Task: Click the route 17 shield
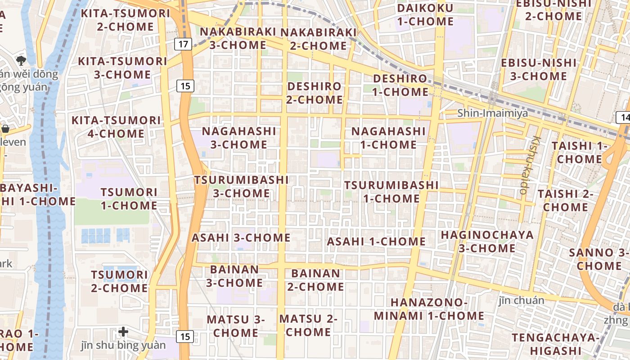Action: point(183,44)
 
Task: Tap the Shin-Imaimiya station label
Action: point(493,113)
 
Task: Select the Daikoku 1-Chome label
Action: point(425,14)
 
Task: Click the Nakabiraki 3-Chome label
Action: point(238,38)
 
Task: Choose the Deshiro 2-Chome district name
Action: point(315,93)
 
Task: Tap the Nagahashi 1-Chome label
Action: point(388,138)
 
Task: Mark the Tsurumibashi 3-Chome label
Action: point(241,186)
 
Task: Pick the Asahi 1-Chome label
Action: point(376,241)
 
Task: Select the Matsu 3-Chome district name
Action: point(236,326)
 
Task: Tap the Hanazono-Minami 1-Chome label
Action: point(429,309)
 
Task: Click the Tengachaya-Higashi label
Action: point(556,343)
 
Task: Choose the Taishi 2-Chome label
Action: point(565,200)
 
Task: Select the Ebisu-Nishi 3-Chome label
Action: point(539,69)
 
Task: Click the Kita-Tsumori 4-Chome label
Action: point(116,127)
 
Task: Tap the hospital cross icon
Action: point(123,332)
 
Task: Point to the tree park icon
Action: point(20,60)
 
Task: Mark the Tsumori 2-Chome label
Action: point(119,281)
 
